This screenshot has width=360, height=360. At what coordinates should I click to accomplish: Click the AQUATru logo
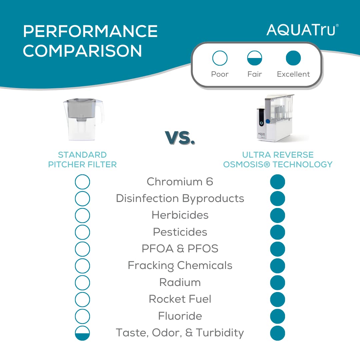[x=302, y=30]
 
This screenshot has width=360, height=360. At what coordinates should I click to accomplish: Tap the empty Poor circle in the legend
[x=220, y=58]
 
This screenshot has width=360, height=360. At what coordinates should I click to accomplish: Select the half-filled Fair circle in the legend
[x=255, y=58]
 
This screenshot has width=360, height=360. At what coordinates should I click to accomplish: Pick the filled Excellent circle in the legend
[x=293, y=58]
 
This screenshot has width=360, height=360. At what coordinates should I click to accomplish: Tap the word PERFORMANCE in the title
[x=90, y=32]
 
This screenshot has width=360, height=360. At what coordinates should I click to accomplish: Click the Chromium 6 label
[x=180, y=182]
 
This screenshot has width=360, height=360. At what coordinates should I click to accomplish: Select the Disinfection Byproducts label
[x=180, y=198]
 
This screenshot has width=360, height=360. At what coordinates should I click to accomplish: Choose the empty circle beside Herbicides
[x=82, y=215]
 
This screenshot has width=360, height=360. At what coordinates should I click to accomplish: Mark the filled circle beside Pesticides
[x=277, y=232]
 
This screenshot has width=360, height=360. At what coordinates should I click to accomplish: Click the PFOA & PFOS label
[x=180, y=249]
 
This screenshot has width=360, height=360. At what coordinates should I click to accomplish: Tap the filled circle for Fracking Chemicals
[x=277, y=266]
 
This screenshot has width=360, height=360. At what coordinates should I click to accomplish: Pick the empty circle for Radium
[x=82, y=283]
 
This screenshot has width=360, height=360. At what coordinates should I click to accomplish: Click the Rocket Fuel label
[x=180, y=299]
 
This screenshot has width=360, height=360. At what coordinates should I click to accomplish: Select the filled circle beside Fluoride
[x=277, y=316]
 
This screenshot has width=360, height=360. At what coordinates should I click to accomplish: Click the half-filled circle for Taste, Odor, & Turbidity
[x=82, y=333]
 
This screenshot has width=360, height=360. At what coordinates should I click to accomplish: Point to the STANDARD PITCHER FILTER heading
[x=82, y=160]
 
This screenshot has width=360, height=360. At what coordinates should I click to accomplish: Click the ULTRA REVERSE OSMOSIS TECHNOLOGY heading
[x=278, y=160]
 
